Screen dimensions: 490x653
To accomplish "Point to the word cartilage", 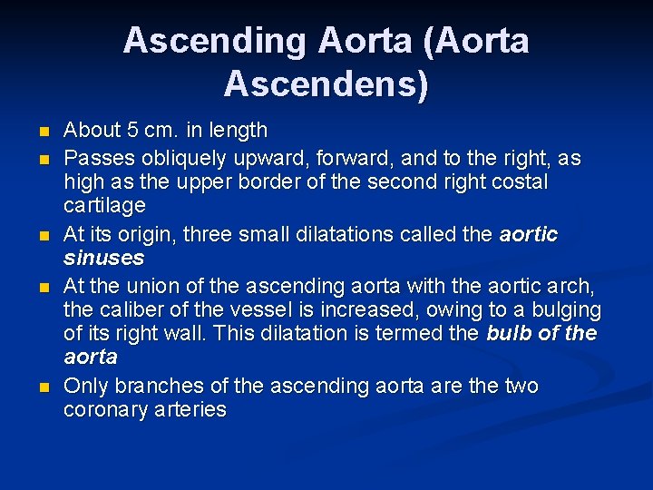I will pos(104,206).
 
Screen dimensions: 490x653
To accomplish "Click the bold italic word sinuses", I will pos(104,258).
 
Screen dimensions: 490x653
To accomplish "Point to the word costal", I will pos(516,182).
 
